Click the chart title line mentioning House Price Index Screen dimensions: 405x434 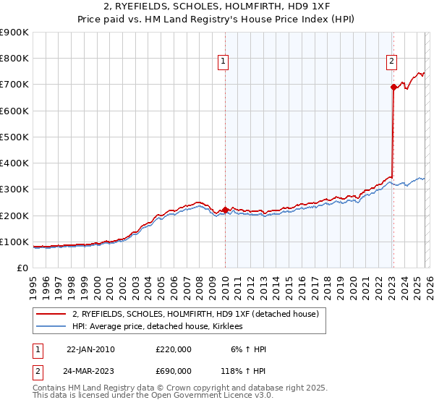(217, 20)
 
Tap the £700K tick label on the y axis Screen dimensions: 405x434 (14, 85)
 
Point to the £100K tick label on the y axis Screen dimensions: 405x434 (14, 242)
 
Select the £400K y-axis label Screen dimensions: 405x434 (14, 163)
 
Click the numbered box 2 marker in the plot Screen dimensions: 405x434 (391, 62)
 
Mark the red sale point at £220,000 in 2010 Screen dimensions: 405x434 (225, 210)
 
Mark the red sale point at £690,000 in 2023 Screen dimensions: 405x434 (393, 87)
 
